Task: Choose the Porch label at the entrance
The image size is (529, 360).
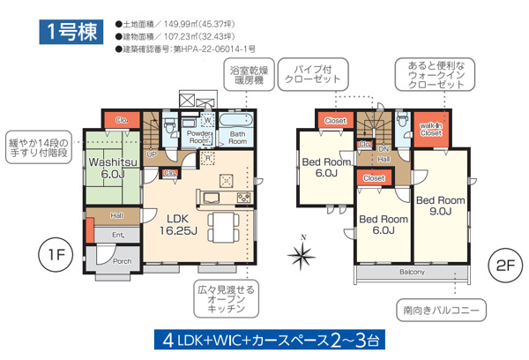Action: point(121,259)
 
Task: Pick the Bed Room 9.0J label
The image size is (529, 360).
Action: point(441,204)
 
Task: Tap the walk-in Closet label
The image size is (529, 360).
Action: point(430,130)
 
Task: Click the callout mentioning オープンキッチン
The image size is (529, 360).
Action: point(227,299)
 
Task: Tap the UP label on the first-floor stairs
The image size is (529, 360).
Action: point(152,154)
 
